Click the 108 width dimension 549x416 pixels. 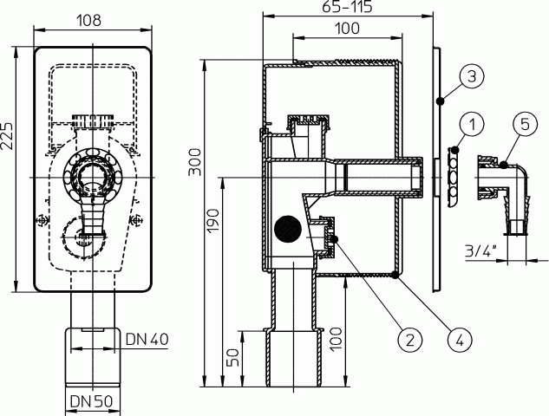[89, 20]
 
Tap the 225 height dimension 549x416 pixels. [7, 136]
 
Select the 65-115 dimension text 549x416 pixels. [347, 7]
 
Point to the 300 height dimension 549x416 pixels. [195, 162]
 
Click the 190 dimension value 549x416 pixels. [212, 220]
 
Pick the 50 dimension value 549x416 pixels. [232, 357]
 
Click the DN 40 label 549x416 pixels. [147, 339]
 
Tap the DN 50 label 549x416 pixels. [91, 401]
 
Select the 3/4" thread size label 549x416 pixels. [481, 250]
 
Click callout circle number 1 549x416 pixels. [473, 124]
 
